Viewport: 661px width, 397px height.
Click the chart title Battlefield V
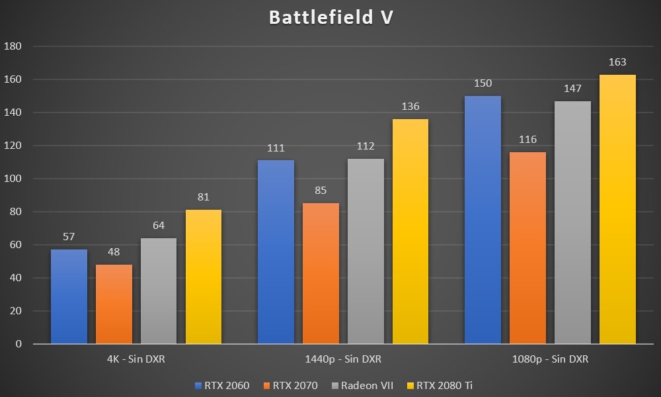[330, 17]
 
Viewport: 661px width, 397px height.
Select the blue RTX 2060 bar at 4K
[69, 296]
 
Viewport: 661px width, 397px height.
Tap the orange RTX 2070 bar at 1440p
[321, 273]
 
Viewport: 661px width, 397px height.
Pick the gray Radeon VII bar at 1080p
[572, 222]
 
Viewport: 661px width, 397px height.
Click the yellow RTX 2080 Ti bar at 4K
[204, 277]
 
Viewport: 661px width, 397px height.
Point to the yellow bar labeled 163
[617, 209]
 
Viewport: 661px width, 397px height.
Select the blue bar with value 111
[276, 251]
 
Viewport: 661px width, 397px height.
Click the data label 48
[114, 252]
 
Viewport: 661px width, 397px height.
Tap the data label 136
[410, 107]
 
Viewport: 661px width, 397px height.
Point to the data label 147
[572, 89]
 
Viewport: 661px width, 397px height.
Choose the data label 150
[483, 83]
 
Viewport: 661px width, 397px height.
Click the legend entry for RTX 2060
[222, 385]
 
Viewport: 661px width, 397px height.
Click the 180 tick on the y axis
[13, 46]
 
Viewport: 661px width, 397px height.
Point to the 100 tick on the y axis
[13, 179]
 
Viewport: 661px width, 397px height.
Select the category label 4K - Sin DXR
[136, 359]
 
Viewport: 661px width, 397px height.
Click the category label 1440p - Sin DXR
[343, 359]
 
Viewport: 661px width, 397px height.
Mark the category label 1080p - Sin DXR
[550, 359]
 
